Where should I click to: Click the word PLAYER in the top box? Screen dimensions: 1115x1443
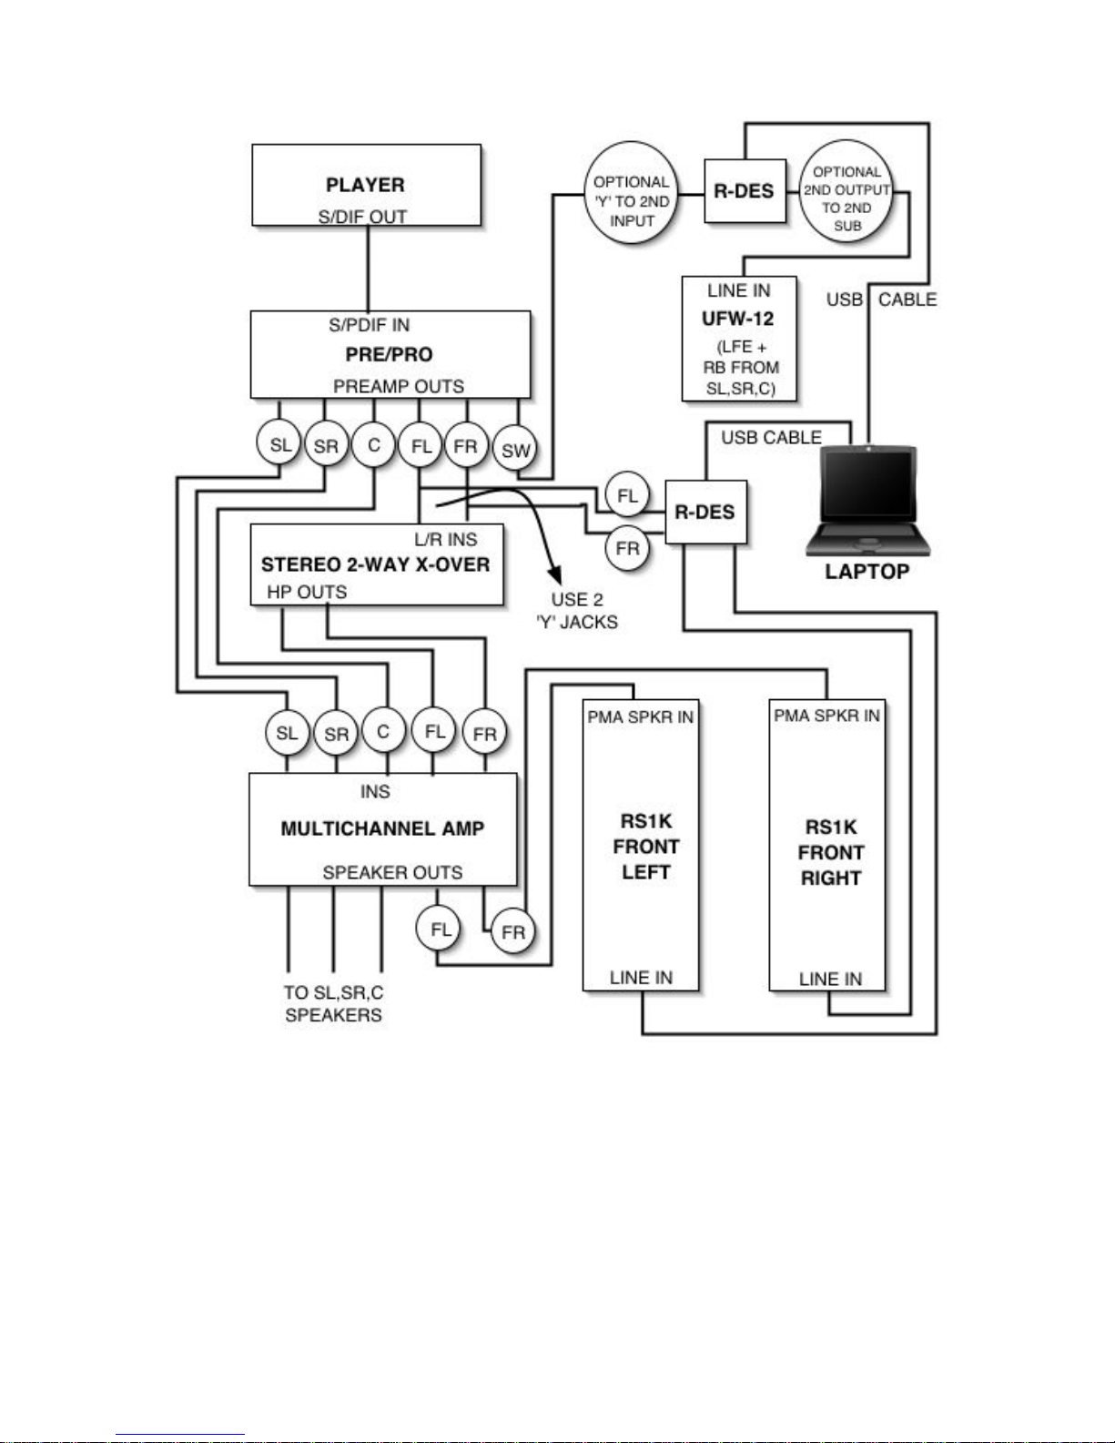[x=365, y=185]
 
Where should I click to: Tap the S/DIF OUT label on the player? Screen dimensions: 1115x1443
[x=362, y=217]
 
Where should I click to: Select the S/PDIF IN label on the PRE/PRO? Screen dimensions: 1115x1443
[x=369, y=325]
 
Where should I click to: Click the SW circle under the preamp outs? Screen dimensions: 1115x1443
[x=516, y=451]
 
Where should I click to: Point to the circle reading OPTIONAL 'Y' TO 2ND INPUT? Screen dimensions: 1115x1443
[x=631, y=193]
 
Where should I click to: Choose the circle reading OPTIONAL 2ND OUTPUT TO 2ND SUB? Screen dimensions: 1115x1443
[x=846, y=191]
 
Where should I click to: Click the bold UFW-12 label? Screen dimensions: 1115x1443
[x=738, y=319]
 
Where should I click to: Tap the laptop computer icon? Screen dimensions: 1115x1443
[x=868, y=501]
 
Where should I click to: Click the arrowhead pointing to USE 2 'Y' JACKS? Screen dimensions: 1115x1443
[x=554, y=574]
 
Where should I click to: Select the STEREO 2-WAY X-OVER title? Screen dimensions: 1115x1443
[x=376, y=564]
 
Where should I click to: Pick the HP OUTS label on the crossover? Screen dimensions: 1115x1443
[x=307, y=592]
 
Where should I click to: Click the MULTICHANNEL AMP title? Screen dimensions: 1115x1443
[x=382, y=828]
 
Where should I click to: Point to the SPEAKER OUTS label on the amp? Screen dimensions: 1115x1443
[x=392, y=872]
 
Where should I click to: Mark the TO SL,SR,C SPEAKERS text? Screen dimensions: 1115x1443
[x=334, y=1003]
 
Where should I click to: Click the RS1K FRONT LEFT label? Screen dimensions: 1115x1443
[x=645, y=847]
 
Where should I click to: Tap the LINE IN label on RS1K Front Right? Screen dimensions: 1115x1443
[x=830, y=979]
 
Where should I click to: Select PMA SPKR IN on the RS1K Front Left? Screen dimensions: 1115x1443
[x=641, y=717]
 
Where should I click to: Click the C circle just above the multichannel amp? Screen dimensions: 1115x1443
[x=383, y=731]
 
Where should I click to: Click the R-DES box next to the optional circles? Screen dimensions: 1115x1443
[x=745, y=191]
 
